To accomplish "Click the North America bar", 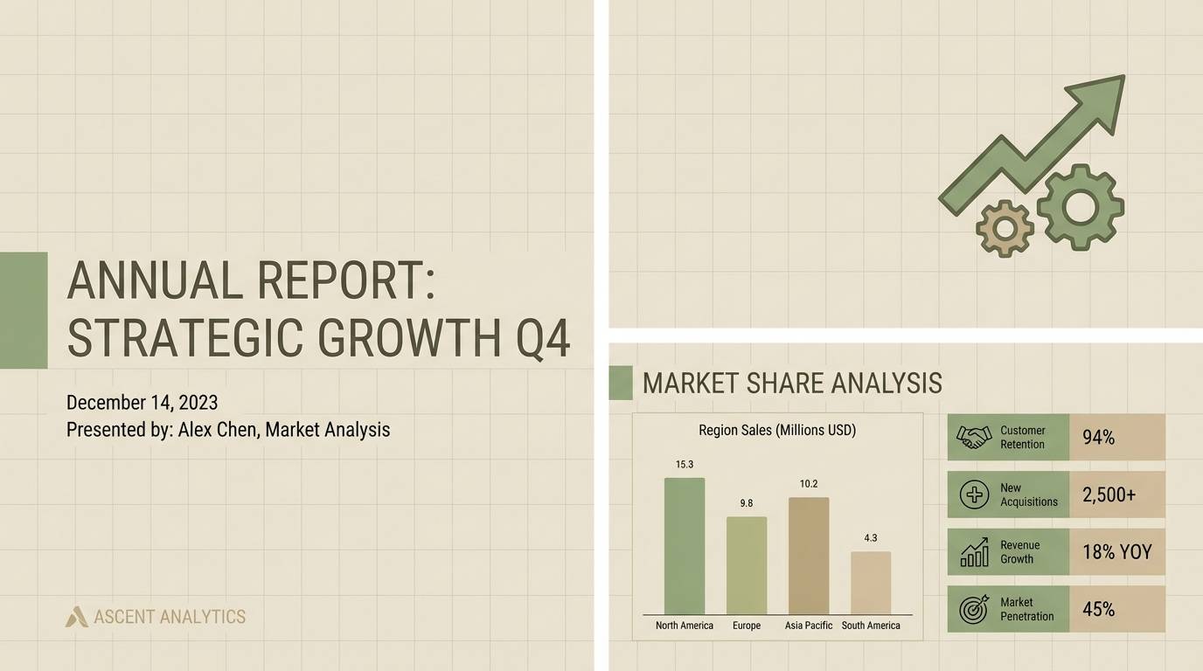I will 684,545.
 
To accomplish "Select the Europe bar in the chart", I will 747,565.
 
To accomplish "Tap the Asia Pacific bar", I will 809,556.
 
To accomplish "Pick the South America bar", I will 871,583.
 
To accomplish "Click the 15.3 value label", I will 685,464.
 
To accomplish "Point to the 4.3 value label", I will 870,538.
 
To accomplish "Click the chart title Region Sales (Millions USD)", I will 777,430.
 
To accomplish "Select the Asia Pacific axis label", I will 809,626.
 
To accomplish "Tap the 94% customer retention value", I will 1098,438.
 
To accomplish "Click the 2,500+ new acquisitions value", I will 1109,495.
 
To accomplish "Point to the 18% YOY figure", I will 1116,552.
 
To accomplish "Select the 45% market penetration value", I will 1098,609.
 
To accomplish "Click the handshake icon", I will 973,437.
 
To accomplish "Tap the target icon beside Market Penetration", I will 974,609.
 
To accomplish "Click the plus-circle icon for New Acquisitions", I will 974,495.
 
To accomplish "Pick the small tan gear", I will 1005,228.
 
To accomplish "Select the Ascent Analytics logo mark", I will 77,617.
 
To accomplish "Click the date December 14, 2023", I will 142,403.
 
